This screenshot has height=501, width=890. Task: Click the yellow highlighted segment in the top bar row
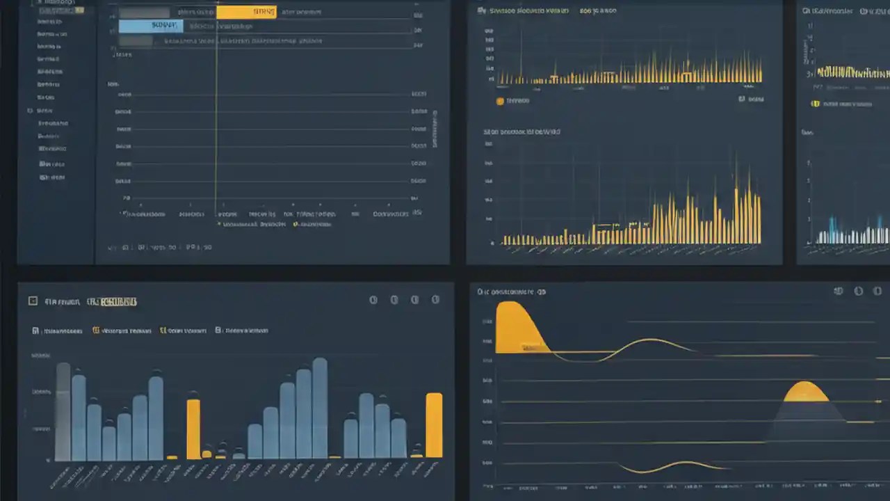click(x=246, y=12)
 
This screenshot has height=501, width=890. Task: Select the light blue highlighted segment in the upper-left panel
click(x=151, y=26)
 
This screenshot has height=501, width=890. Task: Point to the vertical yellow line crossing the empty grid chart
click(x=216, y=139)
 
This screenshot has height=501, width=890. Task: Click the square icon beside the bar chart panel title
click(x=32, y=301)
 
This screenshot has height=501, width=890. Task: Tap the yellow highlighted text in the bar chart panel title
click(x=118, y=302)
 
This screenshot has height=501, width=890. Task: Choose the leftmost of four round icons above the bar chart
click(x=373, y=300)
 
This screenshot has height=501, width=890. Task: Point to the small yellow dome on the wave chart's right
click(x=806, y=392)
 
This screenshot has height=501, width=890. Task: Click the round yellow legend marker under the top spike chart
click(x=500, y=101)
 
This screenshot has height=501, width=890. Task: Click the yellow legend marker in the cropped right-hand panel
click(x=816, y=104)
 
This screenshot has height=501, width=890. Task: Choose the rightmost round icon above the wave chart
click(x=877, y=292)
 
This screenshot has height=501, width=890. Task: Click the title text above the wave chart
click(x=511, y=292)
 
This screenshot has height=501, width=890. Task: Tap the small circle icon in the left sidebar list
click(x=30, y=111)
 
